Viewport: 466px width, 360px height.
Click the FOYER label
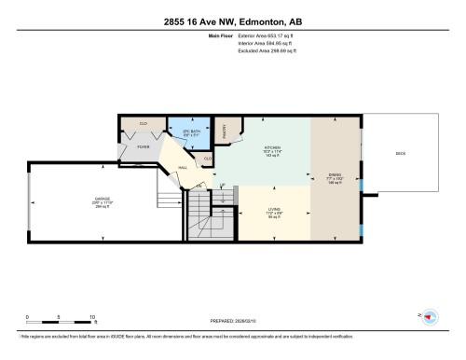pos(144,146)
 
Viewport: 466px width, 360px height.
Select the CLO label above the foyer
pos(144,123)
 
